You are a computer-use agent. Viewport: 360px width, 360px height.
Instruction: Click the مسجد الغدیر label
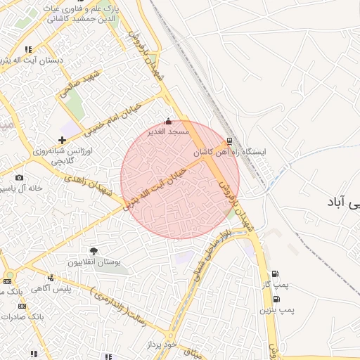coord(169,131)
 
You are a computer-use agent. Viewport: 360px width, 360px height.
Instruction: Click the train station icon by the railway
coord(230,141)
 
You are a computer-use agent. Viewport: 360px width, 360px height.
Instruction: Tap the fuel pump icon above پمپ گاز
coord(274,274)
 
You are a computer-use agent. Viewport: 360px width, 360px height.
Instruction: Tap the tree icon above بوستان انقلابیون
coord(94,251)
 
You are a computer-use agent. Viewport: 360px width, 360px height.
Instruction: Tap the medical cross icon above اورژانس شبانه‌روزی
coord(63,140)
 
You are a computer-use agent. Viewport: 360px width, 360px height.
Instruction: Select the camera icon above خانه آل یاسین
coord(19,177)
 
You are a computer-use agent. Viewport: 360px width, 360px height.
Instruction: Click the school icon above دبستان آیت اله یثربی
coord(28,50)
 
